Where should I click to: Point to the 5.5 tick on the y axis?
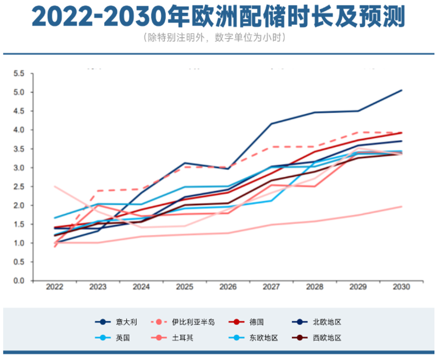pyautogui.click(x=19, y=74)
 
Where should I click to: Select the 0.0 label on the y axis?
pyautogui.click(x=19, y=281)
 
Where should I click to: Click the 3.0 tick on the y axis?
pyautogui.click(x=19, y=168)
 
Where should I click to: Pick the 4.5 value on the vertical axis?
pyautogui.click(x=19, y=111)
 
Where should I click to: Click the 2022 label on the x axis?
pyautogui.click(x=54, y=287)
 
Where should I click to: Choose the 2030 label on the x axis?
pyautogui.click(x=401, y=287)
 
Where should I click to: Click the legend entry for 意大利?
pyautogui.click(x=126, y=322)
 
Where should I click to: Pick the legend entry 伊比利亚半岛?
pyautogui.click(x=193, y=322)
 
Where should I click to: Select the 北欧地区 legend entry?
pyautogui.click(x=327, y=322)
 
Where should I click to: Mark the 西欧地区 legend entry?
pyautogui.click(x=327, y=338)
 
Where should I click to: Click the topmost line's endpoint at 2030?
pyautogui.click(x=401, y=90)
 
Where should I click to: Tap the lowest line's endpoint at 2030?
pyautogui.click(x=401, y=207)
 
